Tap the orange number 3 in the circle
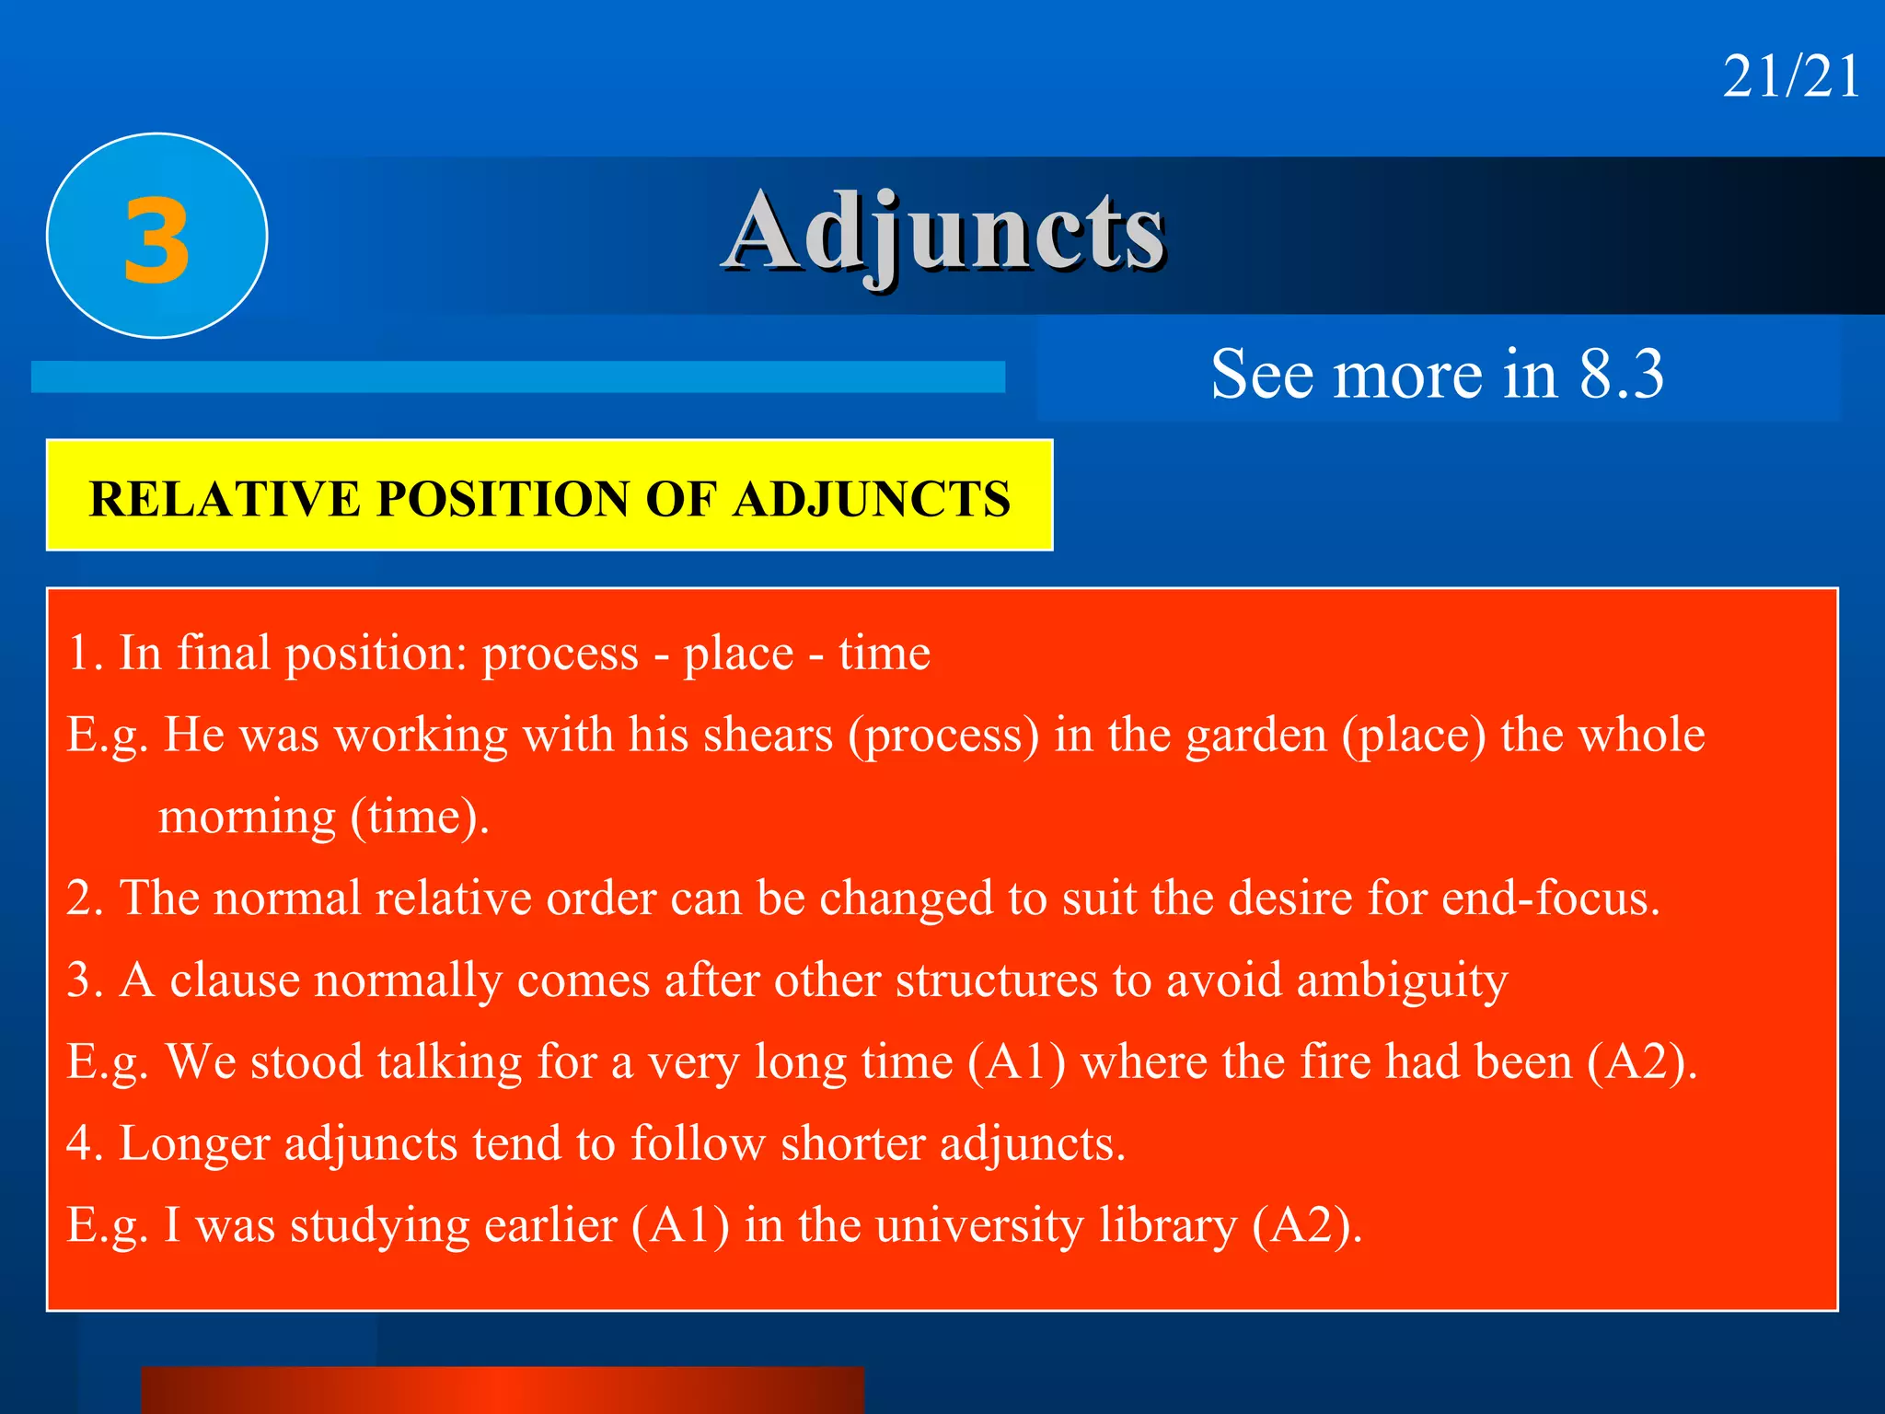156,241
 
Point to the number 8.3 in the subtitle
1621,375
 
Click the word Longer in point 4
193,1143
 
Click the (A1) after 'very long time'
1016,1061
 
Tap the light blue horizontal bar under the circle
517,377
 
